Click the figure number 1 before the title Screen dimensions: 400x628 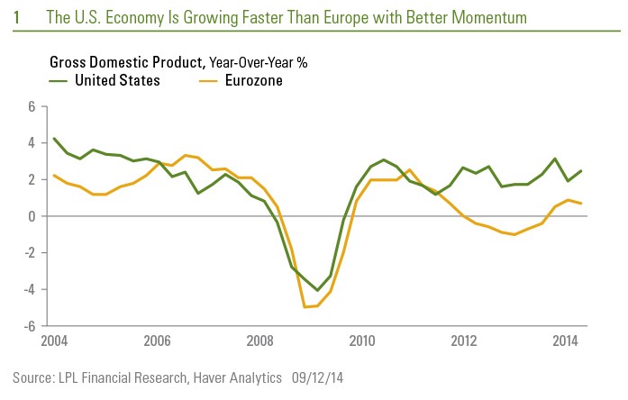17,17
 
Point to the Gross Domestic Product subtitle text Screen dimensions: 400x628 127,62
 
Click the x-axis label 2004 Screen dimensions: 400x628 53,341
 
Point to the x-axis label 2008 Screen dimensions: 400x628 259,341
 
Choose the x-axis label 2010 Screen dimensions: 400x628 362,341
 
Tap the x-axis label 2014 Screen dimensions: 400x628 566,341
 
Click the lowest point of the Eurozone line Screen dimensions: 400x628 305,307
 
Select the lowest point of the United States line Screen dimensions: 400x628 318,291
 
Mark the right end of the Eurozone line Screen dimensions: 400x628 581,204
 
